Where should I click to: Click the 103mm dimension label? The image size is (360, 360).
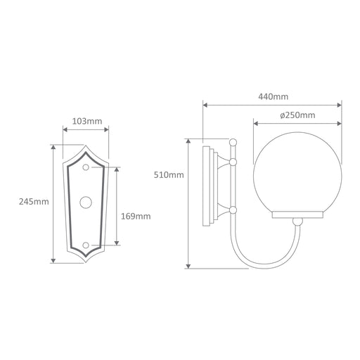pyautogui.click(x=87, y=122)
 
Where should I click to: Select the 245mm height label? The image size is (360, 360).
pyautogui.click(x=34, y=202)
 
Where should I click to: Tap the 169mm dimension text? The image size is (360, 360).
pyautogui.click(x=136, y=216)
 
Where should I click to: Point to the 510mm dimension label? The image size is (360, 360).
pyautogui.click(x=169, y=175)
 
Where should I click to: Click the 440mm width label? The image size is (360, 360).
pyautogui.click(x=274, y=96)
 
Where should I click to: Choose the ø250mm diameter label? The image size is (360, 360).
pyautogui.click(x=297, y=115)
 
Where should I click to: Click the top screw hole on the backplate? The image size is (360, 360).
pyautogui.click(x=86, y=167)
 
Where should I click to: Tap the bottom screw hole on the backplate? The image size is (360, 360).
pyautogui.click(x=86, y=245)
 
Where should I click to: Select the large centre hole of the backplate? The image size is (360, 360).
pyautogui.click(x=86, y=202)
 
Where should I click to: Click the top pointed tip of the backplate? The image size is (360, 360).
pyautogui.click(x=86, y=146)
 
